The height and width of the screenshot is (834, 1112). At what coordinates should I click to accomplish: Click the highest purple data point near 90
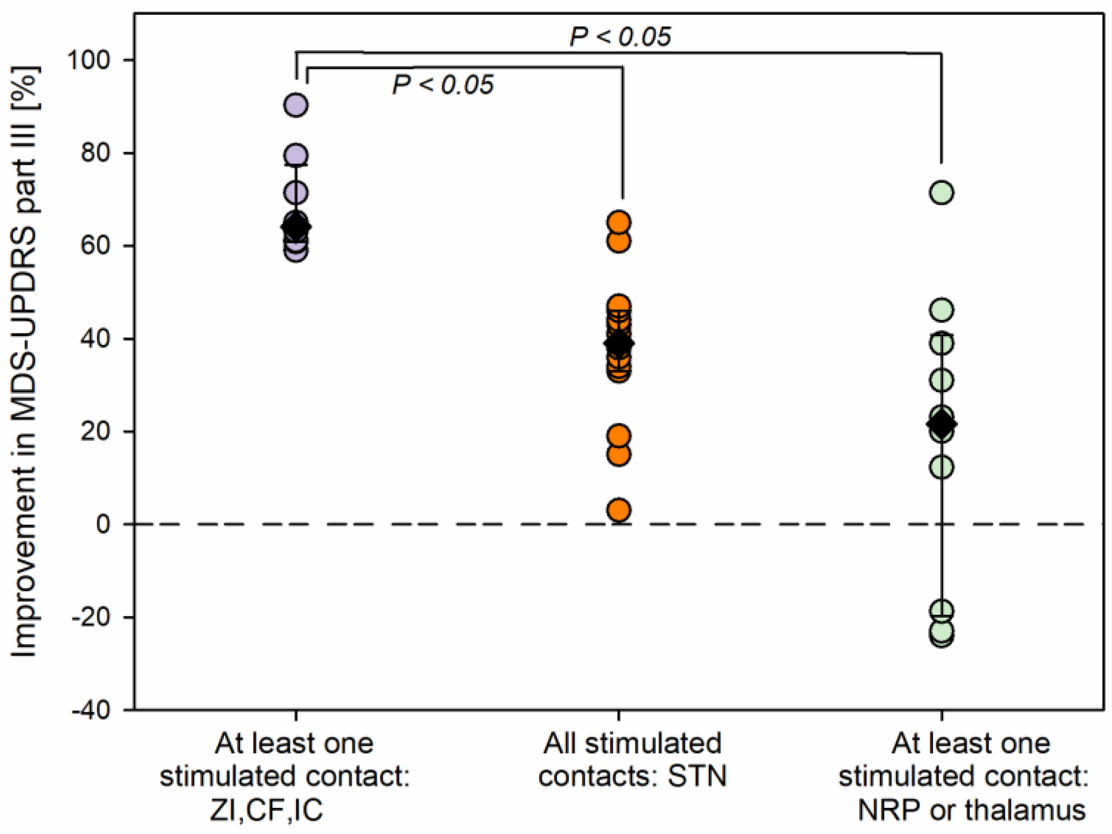click(296, 105)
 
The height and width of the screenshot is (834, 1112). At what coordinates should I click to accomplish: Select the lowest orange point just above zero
click(619, 510)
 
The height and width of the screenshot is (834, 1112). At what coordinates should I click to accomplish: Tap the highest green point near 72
click(942, 192)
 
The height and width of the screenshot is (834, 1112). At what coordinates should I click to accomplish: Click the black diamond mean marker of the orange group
click(619, 343)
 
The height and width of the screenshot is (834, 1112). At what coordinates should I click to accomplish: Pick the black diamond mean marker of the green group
click(942, 424)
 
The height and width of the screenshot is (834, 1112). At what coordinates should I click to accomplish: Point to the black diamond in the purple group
click(296, 227)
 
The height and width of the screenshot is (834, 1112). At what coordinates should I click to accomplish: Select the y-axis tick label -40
click(91, 710)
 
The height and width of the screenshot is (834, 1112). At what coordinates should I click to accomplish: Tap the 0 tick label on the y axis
click(104, 524)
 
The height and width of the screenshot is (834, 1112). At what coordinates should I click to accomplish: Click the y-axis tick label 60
click(95, 246)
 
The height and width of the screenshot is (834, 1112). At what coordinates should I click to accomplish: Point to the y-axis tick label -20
click(91, 617)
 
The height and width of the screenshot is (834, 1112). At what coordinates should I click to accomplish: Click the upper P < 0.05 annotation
click(620, 37)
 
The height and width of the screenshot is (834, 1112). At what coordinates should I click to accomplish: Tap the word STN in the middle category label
click(697, 777)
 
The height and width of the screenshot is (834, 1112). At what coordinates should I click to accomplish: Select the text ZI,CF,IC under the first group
click(266, 810)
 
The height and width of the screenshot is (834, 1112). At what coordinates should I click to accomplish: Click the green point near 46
click(942, 310)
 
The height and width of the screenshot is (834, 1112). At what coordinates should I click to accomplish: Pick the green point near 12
click(942, 467)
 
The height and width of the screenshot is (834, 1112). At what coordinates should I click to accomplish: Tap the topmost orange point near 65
click(619, 222)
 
